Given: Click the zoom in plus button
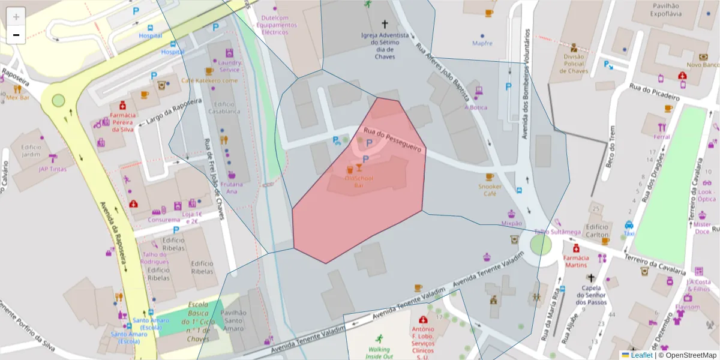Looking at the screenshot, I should (x=16, y=17).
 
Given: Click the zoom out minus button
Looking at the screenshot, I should (x=16, y=35).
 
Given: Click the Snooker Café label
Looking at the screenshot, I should (x=490, y=190).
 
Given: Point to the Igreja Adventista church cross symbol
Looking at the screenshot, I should (x=385, y=25).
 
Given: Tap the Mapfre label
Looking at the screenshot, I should (x=482, y=43).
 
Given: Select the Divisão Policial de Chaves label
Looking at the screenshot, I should (x=574, y=64).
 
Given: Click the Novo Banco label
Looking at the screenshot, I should (x=702, y=64).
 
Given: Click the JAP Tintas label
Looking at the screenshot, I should (x=53, y=169).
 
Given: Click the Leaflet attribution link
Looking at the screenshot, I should (x=641, y=355).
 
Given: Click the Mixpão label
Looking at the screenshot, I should (x=511, y=223).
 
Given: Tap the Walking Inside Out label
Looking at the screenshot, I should (x=379, y=353).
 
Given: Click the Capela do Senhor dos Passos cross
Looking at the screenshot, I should (x=591, y=278).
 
